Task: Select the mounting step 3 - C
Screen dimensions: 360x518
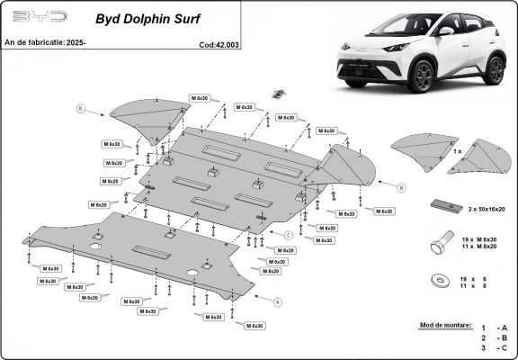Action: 494,347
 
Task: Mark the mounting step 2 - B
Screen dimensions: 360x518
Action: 494,338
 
